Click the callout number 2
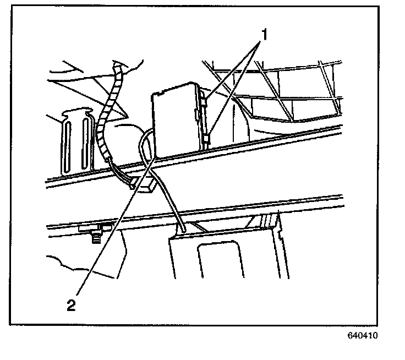coord(71,305)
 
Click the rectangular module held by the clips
coord(175,118)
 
